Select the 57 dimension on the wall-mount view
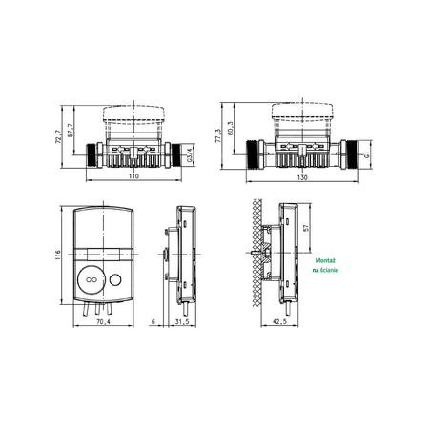pyautogui.click(x=306, y=229)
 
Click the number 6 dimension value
pyautogui.click(x=153, y=322)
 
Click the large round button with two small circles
pyautogui.click(x=93, y=281)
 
